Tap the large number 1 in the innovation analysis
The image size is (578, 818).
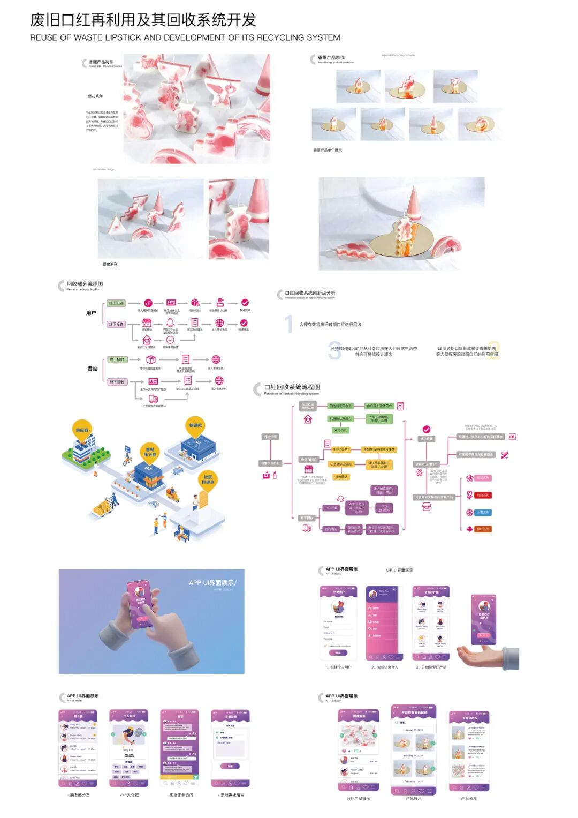pos(289,324)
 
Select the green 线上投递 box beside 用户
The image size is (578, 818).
pos(116,303)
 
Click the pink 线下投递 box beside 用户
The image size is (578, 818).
pos(116,324)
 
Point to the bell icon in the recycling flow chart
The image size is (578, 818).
pos(170,322)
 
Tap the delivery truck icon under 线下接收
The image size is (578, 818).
pos(154,399)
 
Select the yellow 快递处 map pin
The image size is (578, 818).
pos(195,426)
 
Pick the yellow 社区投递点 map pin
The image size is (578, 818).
pos(208,479)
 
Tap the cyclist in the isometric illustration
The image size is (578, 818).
pos(127,457)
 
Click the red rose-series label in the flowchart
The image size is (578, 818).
pos(483,495)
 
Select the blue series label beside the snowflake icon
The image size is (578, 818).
pos(483,513)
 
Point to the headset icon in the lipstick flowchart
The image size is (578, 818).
pos(340,499)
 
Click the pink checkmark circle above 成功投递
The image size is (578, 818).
pos(427,429)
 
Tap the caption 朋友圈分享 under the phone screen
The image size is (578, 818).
pos(80,795)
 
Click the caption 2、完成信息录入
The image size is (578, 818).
pos(385,667)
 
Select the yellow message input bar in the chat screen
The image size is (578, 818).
pos(179,777)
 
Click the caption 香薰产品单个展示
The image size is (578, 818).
pos(328,150)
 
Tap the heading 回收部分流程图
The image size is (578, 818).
pos(85,284)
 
